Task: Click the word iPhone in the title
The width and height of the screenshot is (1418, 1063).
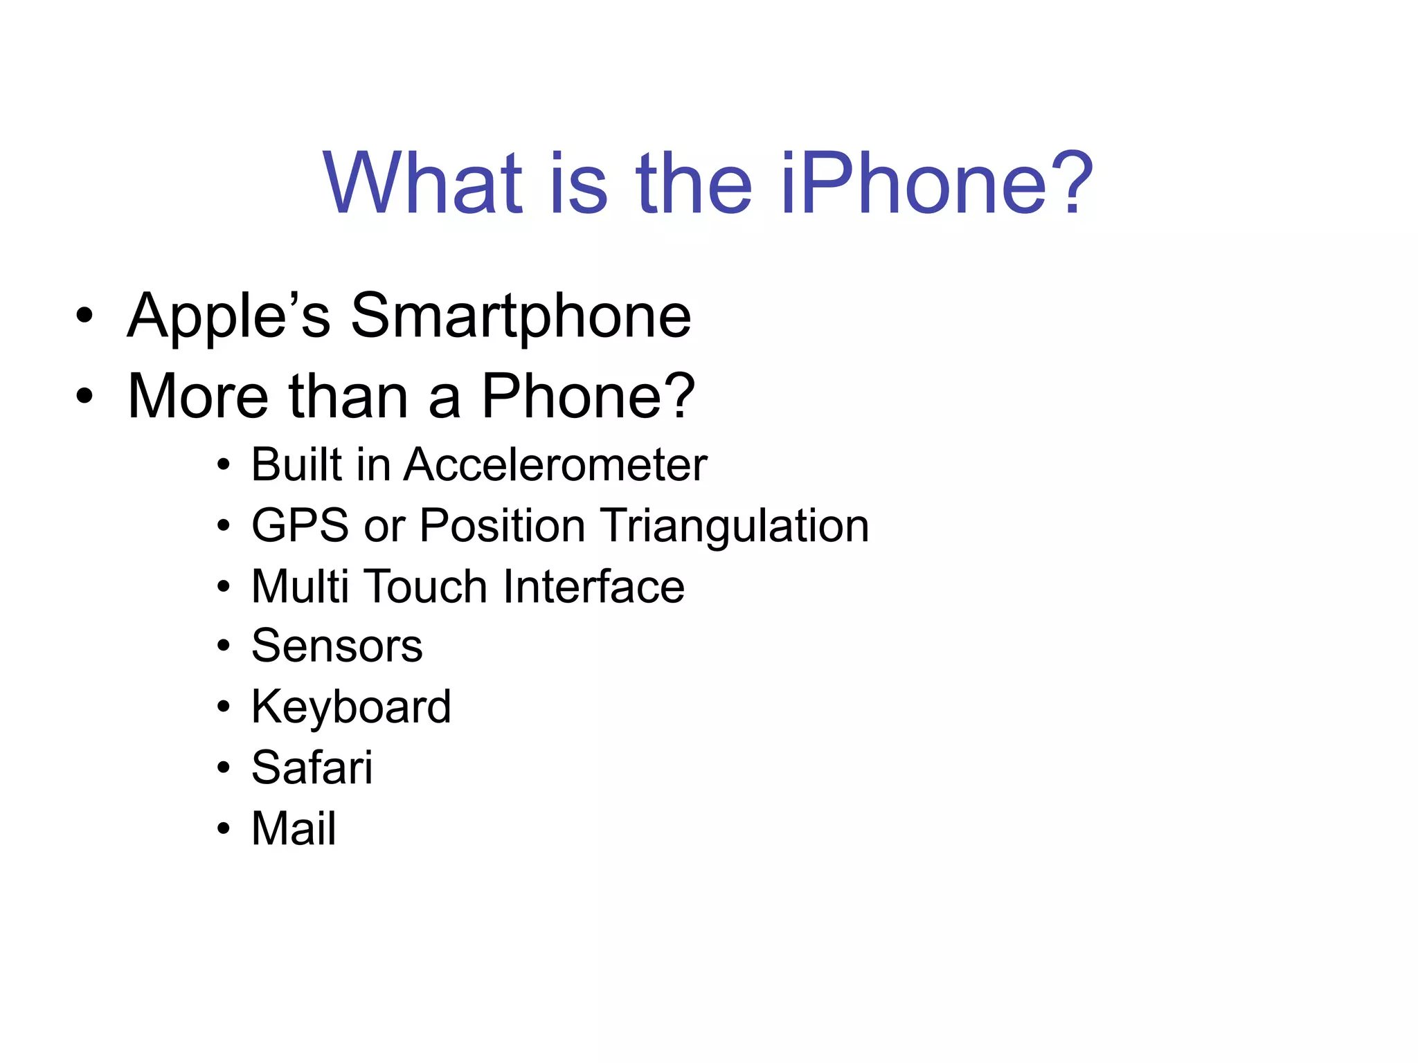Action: pyautogui.click(x=914, y=184)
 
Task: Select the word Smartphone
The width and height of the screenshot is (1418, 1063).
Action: pyautogui.click(x=521, y=317)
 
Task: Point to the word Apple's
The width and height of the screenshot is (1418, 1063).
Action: pyautogui.click(x=228, y=317)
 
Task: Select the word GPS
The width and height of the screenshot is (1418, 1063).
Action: pyautogui.click(x=300, y=525)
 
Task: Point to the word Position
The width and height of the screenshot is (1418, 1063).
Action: pyautogui.click(x=502, y=525)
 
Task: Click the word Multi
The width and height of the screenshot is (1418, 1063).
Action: pyautogui.click(x=300, y=586)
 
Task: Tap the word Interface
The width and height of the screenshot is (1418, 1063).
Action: pyautogui.click(x=594, y=586)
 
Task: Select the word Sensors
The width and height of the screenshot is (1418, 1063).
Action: pyautogui.click(x=336, y=646)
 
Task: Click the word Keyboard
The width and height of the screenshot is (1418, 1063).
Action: pyautogui.click(x=351, y=707)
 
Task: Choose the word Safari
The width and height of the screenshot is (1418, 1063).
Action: pyautogui.click(x=312, y=767)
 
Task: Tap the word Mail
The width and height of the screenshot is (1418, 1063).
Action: pyautogui.click(x=294, y=828)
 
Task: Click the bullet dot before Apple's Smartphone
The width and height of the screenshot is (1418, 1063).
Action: pyautogui.click(x=84, y=317)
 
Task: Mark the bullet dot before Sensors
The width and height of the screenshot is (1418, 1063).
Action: pyautogui.click(x=223, y=646)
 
